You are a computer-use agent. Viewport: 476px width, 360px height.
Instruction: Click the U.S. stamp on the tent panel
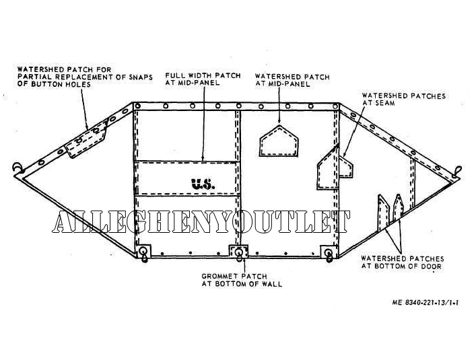tap(202, 182)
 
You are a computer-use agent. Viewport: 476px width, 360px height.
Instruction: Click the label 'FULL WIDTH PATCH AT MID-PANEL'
tap(203, 80)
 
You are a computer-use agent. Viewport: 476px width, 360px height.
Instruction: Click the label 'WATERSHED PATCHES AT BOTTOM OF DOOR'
tap(402, 262)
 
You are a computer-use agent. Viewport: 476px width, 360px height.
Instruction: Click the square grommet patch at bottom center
tap(240, 253)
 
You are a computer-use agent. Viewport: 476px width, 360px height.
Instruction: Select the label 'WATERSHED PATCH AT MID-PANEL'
tap(292, 81)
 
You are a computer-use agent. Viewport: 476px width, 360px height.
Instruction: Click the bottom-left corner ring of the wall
tap(145, 253)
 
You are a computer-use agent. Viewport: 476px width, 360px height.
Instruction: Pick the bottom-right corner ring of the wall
tap(329, 253)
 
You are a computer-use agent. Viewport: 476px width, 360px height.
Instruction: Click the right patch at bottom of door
tap(399, 209)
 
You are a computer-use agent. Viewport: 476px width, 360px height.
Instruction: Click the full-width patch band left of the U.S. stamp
tap(162, 178)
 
